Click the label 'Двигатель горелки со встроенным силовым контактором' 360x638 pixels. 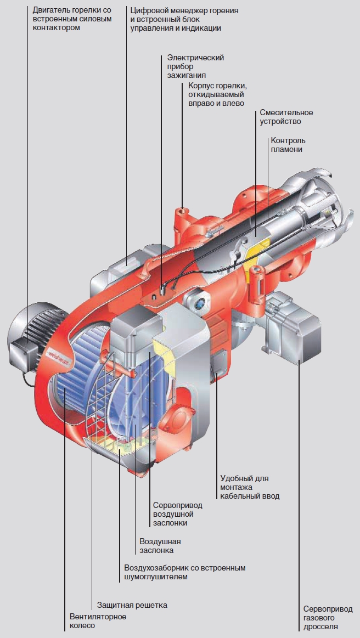(x=72, y=19)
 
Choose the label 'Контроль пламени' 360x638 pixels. (x=288, y=145)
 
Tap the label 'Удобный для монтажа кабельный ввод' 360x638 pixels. (x=250, y=487)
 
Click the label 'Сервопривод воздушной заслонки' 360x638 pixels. (x=173, y=514)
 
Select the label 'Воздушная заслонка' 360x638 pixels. (x=160, y=545)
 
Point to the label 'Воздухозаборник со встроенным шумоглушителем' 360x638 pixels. (x=184, y=572)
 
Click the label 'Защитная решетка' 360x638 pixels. (x=132, y=605)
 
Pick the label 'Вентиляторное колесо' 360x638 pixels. (x=98, y=621)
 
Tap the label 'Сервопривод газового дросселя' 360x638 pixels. (x=328, y=618)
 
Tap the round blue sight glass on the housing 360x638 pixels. (x=198, y=300)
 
